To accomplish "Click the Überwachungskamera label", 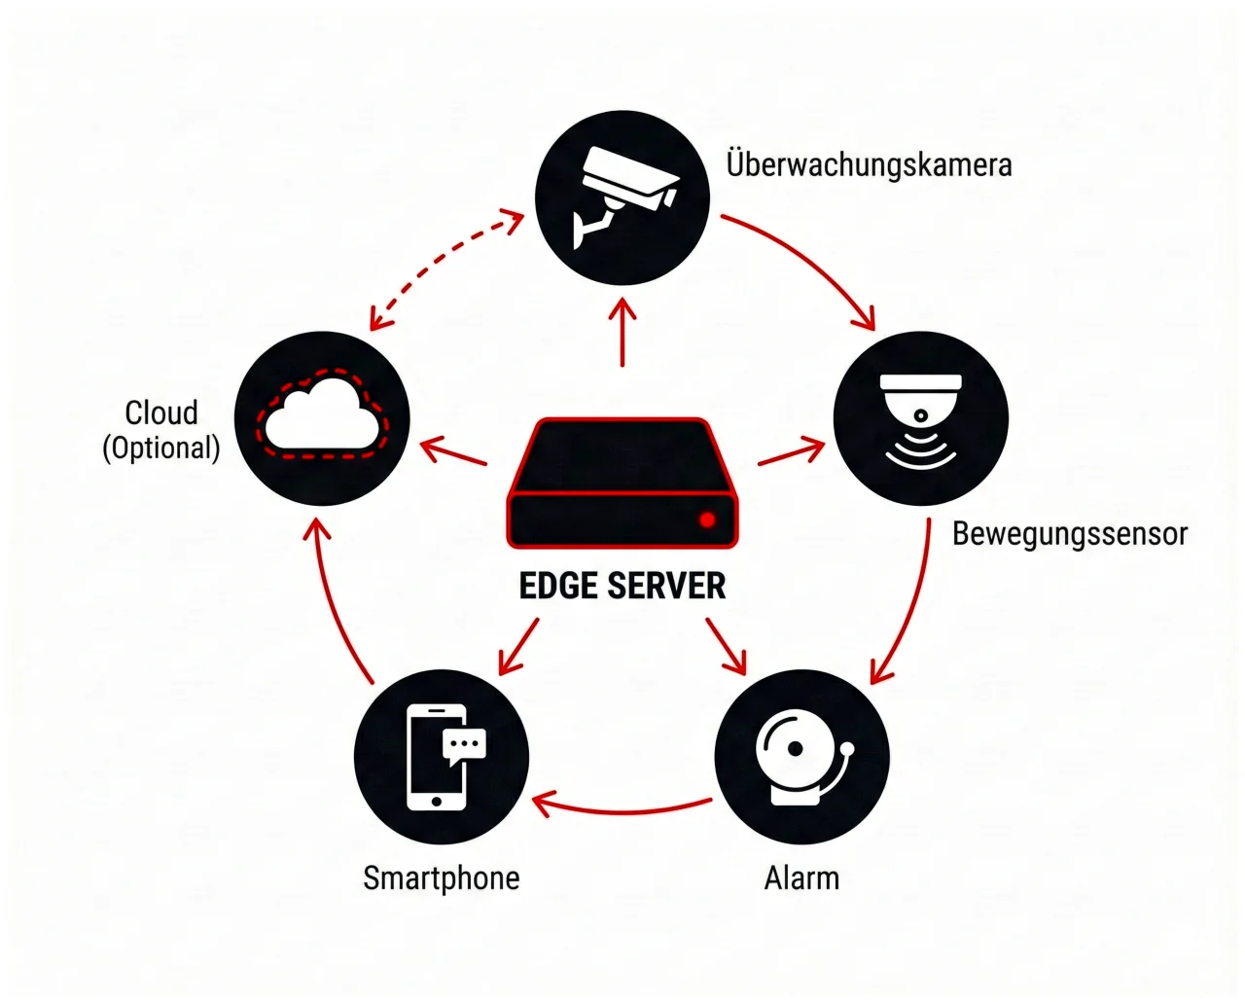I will click(869, 164).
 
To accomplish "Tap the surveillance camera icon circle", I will click(623, 197).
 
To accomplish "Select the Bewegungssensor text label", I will click(1069, 534).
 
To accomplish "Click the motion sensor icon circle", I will click(920, 419).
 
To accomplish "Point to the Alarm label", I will click(801, 878).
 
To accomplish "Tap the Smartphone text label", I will click(442, 878).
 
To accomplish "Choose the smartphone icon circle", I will click(442, 757).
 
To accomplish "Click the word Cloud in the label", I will click(161, 412).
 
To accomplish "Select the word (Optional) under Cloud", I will click(161, 448).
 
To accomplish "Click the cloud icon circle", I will click(323, 418).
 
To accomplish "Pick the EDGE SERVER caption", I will click(622, 586).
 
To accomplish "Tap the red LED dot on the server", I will click(707, 519).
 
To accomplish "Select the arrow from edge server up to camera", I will click(622, 333).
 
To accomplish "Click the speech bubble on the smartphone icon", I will click(464, 744).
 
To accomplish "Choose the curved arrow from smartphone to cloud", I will click(336, 603).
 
